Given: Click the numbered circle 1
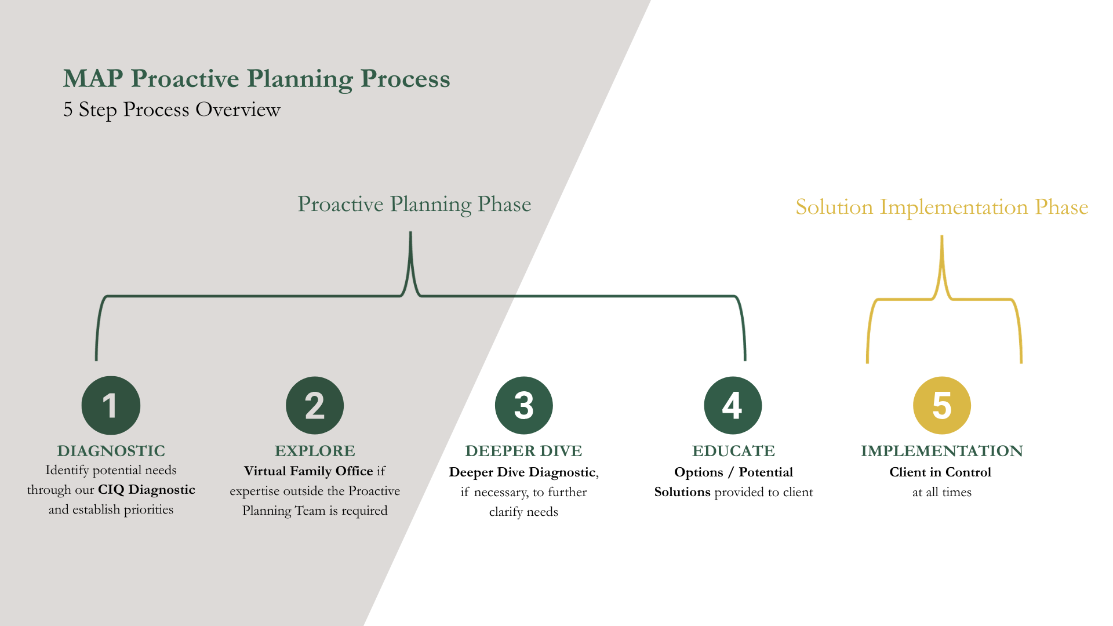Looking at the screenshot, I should (111, 405).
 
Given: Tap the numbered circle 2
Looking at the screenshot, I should (315, 405).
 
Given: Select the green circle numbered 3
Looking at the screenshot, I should (523, 405).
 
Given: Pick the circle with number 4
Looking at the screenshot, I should (733, 405).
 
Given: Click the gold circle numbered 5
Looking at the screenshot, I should (942, 405).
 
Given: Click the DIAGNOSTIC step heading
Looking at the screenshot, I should (111, 451).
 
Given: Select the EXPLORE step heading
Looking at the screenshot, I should (315, 451).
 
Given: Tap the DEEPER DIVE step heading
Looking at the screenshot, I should (523, 451).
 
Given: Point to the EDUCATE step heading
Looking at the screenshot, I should (733, 451).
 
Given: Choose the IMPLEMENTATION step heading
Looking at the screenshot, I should (942, 451).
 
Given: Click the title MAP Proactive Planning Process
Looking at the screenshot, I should (256, 79).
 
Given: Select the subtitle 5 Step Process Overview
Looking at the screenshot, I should (172, 110).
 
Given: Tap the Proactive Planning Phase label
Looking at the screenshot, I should (414, 204).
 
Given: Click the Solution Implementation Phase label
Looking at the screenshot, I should (942, 207).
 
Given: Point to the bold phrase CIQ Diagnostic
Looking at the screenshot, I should (147, 490).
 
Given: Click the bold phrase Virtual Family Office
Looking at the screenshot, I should (308, 471).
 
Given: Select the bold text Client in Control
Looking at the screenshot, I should (940, 472).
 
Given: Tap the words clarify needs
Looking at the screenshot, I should (523, 512).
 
